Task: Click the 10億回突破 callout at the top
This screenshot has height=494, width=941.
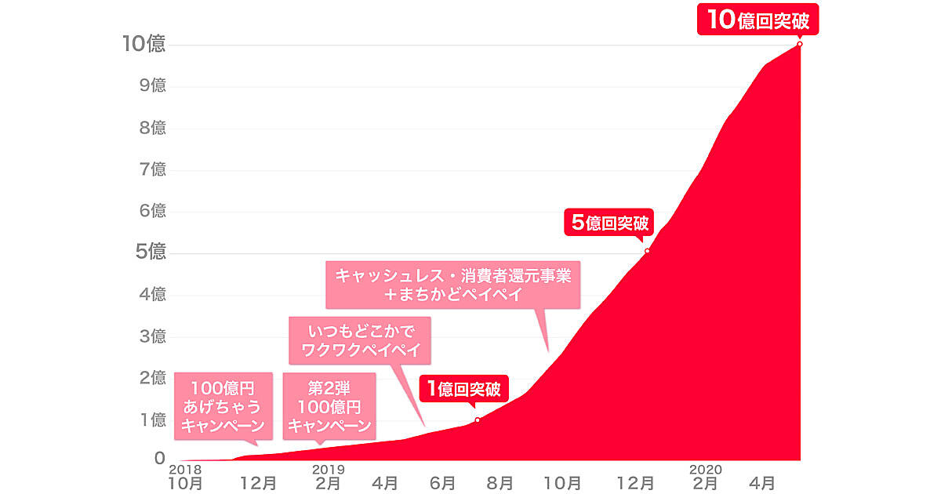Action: click(758, 20)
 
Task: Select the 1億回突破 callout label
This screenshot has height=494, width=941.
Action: click(463, 388)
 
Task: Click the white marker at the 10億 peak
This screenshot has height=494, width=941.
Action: click(799, 44)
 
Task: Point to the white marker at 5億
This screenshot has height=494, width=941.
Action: click(647, 251)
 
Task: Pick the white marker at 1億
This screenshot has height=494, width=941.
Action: click(478, 420)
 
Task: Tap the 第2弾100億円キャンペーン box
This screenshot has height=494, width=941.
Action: click(329, 405)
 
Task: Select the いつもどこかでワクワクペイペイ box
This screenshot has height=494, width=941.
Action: click(360, 340)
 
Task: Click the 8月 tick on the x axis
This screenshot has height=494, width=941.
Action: click(501, 483)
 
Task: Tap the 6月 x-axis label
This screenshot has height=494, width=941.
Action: click(442, 483)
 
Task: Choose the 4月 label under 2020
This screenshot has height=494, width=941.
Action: click(765, 483)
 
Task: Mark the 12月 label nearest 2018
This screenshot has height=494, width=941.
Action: click(258, 483)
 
